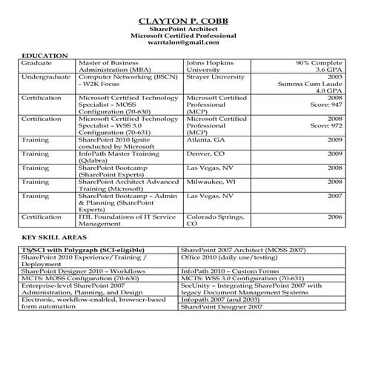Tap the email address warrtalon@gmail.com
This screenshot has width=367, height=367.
(x=183, y=43)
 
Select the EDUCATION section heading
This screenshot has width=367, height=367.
(x=45, y=56)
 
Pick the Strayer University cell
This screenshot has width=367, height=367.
(x=218, y=76)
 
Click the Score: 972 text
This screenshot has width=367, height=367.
(x=325, y=126)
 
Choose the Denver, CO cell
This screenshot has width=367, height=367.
(x=205, y=153)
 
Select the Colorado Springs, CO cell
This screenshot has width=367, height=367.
(x=216, y=220)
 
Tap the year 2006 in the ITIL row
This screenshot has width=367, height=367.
(x=334, y=217)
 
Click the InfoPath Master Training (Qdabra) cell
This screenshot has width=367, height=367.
(x=119, y=156)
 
